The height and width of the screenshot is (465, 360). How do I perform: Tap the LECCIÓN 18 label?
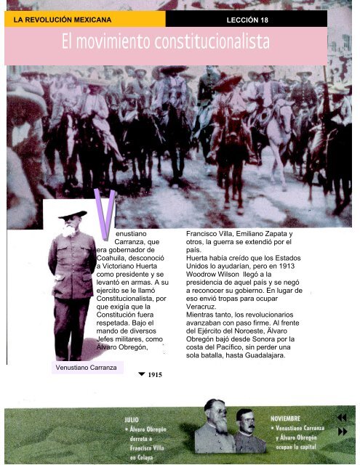tap(247, 20)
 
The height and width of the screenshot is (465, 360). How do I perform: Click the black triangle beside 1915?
tap(141, 374)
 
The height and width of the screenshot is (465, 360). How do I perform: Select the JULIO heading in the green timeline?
tap(132, 419)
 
